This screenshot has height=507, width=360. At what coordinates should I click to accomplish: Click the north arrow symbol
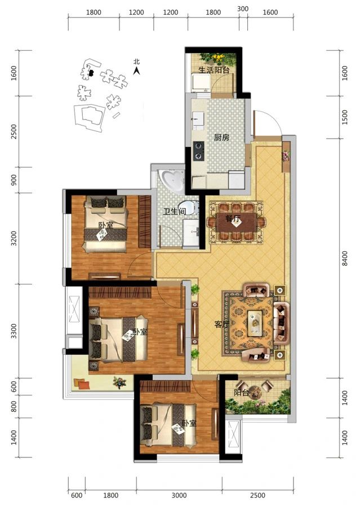click(137, 70)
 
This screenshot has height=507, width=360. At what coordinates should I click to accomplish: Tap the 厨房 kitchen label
click(221, 138)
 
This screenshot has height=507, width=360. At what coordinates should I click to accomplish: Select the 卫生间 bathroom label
click(174, 212)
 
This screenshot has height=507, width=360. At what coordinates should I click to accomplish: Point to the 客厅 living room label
click(222, 324)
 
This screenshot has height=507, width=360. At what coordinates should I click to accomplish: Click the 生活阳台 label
click(214, 70)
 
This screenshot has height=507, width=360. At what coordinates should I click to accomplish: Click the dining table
click(237, 223)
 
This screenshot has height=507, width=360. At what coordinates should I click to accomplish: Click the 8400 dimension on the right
click(345, 259)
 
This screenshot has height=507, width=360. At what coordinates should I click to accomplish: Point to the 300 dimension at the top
click(243, 9)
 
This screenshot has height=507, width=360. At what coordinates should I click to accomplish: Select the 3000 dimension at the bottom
click(179, 495)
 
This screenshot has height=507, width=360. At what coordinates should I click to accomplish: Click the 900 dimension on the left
click(14, 180)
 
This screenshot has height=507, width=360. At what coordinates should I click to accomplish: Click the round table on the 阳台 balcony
click(256, 392)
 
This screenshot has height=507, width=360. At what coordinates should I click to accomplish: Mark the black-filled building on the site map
click(91, 73)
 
